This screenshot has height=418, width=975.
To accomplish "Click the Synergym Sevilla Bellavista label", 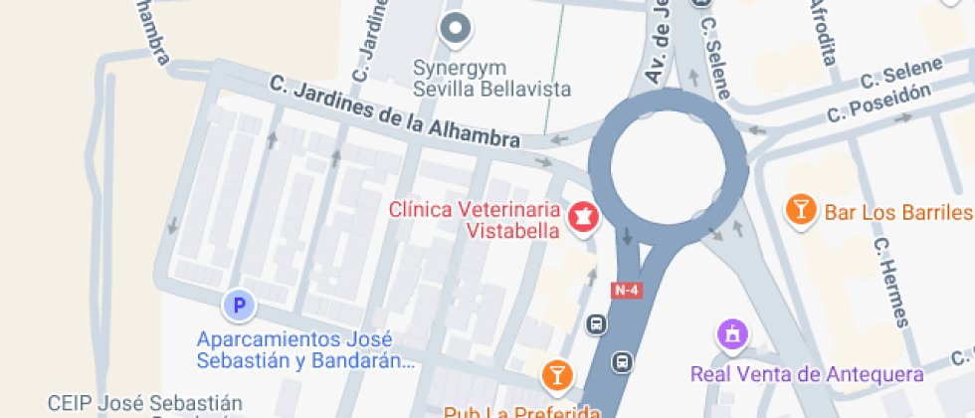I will tap(492, 79).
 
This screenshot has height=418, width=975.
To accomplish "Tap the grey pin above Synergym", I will tap(457, 30).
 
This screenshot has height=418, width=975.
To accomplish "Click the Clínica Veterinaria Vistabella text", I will tap(475, 220).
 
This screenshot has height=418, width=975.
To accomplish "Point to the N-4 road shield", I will tap(626, 289).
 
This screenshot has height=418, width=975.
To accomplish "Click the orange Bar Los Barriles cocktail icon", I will tap(799, 209).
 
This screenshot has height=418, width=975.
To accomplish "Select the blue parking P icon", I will tap(239, 304).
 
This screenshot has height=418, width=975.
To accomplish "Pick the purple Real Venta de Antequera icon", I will tap(732, 333).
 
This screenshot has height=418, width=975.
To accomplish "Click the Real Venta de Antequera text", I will tap(807, 374).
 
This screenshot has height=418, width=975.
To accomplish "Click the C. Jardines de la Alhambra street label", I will tap(395, 114).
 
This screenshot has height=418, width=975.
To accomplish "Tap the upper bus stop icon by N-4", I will tap(596, 323).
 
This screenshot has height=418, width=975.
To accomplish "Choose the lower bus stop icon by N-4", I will tap(623, 361).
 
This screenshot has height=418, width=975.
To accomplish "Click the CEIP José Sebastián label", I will tap(145, 404).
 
